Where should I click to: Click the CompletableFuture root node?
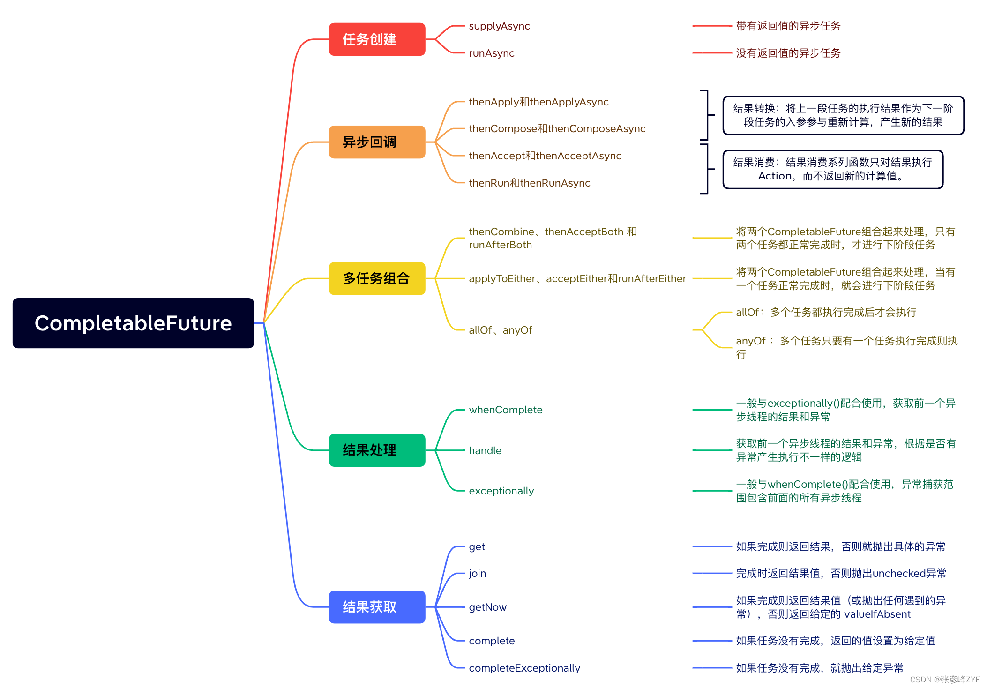133,323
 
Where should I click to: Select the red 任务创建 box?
377,39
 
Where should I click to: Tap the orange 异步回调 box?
377,142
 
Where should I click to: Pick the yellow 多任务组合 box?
377,278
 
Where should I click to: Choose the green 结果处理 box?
377,450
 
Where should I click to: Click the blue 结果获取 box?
377,607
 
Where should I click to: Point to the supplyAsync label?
499,26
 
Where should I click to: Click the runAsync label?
491,53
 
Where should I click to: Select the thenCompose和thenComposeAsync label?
557,129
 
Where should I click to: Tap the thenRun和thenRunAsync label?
529,183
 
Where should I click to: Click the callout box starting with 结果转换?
843,115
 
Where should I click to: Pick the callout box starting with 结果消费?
832,169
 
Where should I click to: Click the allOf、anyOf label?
500,330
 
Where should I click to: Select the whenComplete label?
505,410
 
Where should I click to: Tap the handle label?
485,451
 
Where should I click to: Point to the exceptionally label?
501,491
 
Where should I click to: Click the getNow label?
487,607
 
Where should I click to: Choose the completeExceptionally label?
524,668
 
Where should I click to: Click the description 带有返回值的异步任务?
788,26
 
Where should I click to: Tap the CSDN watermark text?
944,680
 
